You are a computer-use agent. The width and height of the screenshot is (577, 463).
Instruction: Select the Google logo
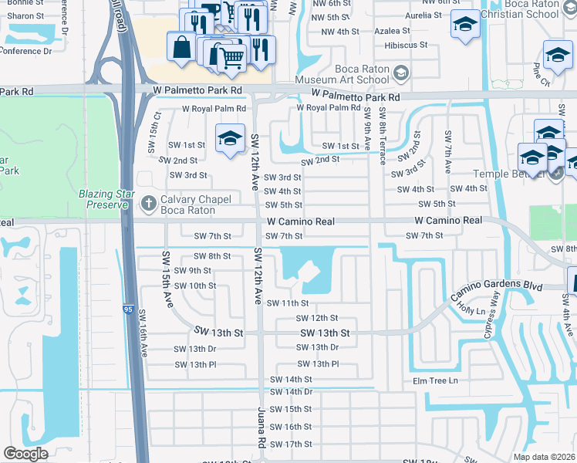pyautogui.click(x=25, y=454)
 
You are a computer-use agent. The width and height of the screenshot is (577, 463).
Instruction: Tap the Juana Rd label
pyautogui.click(x=262, y=428)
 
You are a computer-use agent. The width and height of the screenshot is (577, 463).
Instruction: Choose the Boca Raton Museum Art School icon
pyautogui.click(x=400, y=73)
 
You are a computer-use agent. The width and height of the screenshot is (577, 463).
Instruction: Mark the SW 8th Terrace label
pyautogui.click(x=382, y=136)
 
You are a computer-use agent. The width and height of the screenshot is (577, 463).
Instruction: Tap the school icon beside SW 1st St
pyautogui.click(x=230, y=138)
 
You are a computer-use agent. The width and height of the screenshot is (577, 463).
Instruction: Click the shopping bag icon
pyautogui.click(x=181, y=46)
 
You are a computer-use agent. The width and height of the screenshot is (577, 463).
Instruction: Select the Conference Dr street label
pyautogui.click(x=26, y=52)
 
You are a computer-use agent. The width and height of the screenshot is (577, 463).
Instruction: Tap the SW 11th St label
pyautogui.click(x=288, y=303)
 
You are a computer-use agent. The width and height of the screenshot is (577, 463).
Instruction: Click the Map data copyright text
pyautogui.click(x=544, y=457)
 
